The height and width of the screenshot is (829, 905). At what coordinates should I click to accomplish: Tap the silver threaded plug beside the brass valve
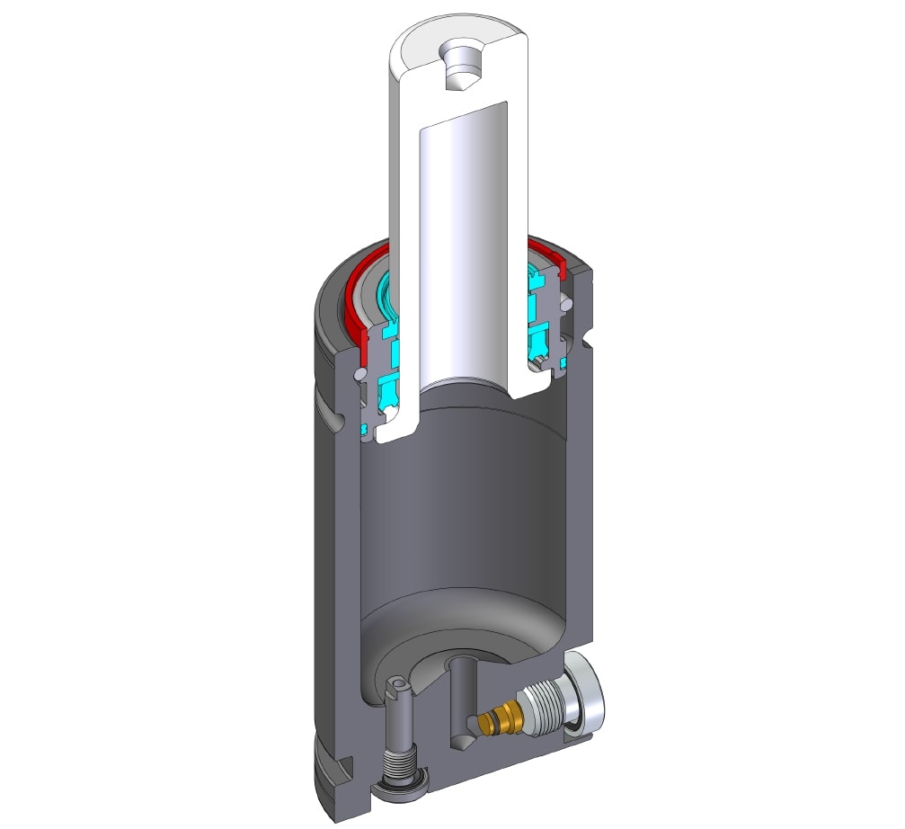click(x=544, y=710)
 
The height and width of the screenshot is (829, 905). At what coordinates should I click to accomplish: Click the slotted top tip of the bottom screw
click(x=398, y=689)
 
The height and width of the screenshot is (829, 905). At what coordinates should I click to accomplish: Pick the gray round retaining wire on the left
click(x=359, y=372)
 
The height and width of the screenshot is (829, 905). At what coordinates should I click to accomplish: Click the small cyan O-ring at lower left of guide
click(x=365, y=430)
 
